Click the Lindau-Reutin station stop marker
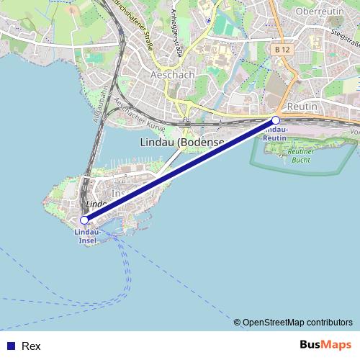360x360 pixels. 276,120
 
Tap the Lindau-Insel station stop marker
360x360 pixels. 84,220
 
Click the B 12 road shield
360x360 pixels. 282,49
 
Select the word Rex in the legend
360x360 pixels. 31,346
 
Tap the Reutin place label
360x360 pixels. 302,106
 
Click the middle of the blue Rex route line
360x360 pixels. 180,170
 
